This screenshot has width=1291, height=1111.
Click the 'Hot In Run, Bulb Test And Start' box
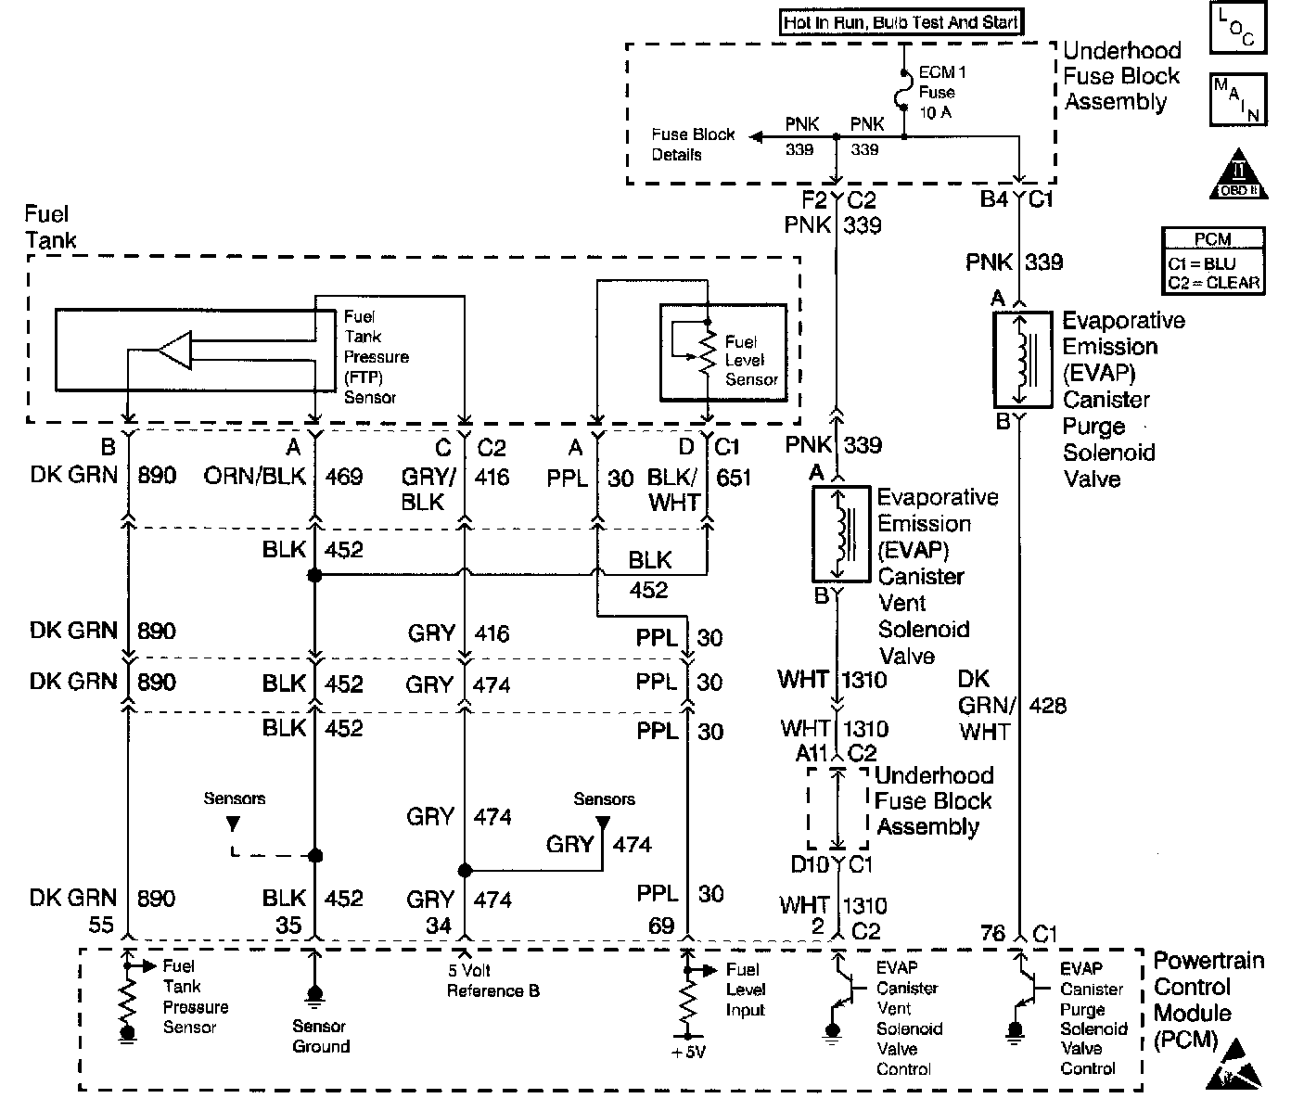[x=901, y=23]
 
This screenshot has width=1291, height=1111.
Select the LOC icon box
[x=1237, y=28]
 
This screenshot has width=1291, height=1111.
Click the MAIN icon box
[x=1237, y=99]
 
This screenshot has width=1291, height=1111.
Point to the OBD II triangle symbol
[x=1237, y=173]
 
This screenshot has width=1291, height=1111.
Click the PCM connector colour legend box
[x=1212, y=262]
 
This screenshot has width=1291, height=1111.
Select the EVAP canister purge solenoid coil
[x=1021, y=359]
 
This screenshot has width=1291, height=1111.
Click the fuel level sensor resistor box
[x=722, y=352]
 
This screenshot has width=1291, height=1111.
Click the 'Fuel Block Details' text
[x=693, y=144]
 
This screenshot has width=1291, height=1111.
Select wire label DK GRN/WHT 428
[x=1011, y=706]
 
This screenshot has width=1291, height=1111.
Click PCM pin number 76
[x=993, y=933]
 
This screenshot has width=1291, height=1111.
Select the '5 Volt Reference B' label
[x=492, y=981]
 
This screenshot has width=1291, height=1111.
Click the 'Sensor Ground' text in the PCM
[x=321, y=1036]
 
